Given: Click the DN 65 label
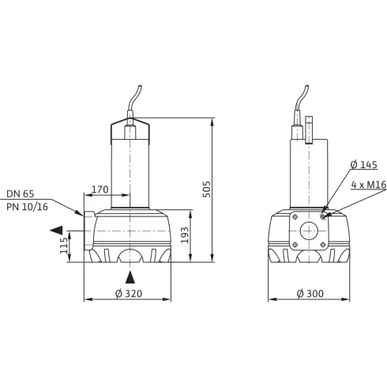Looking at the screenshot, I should (x=21, y=193).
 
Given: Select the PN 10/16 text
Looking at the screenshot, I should (x=26, y=207).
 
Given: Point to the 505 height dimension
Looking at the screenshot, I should (x=206, y=190).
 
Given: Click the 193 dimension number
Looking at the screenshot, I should (x=184, y=236).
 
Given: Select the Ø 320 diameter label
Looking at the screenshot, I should (x=127, y=293).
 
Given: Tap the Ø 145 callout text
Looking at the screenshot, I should (x=364, y=165).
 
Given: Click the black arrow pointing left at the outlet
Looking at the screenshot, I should (x=54, y=230).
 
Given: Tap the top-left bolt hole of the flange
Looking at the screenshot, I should (x=295, y=216).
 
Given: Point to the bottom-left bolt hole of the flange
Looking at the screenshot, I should (x=295, y=245).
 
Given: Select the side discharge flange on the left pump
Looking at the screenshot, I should (x=88, y=231).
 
